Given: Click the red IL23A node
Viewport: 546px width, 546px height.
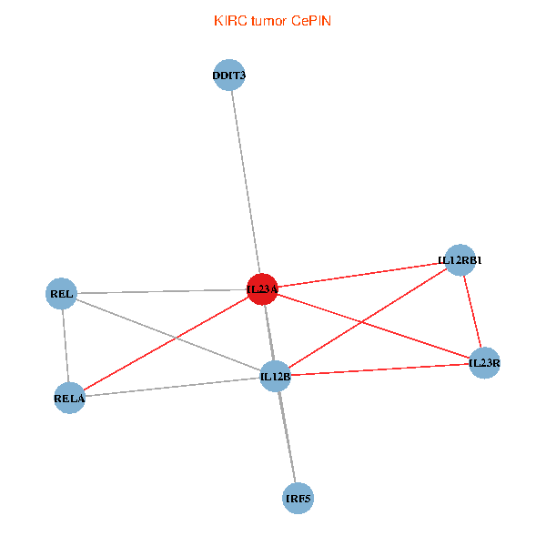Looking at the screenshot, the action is click(262, 289).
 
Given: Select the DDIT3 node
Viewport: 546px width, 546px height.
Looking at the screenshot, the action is click(228, 75).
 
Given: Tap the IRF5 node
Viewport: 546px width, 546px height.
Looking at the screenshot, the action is click(298, 499).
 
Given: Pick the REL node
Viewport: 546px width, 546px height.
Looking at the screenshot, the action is click(61, 294).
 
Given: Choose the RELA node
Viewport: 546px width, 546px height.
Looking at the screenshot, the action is click(69, 398).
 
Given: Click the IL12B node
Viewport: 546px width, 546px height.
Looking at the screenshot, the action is click(276, 377).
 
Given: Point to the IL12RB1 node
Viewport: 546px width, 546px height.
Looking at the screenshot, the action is click(460, 260).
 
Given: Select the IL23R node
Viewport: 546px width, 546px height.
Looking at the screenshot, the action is click(484, 363).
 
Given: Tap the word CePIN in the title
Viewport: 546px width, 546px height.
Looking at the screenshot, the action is click(311, 21).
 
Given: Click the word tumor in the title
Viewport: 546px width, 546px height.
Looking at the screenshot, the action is click(269, 21).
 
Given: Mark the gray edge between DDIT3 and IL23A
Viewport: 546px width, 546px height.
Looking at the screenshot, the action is click(246, 182).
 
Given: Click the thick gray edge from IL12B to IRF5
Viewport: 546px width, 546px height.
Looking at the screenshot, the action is click(287, 438).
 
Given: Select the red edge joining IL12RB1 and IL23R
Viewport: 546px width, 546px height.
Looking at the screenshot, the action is click(472, 311).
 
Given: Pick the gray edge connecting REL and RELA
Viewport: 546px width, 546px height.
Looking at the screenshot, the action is click(66, 346).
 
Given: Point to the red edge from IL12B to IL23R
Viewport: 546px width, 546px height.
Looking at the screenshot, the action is click(379, 369).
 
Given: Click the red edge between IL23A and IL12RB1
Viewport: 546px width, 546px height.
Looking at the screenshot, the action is click(361, 275).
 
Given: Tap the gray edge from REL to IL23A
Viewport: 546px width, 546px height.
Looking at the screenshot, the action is click(162, 291).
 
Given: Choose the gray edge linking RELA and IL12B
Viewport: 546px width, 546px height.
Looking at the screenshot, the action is click(172, 388).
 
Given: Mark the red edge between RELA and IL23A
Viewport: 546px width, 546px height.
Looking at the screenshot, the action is click(166, 344).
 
